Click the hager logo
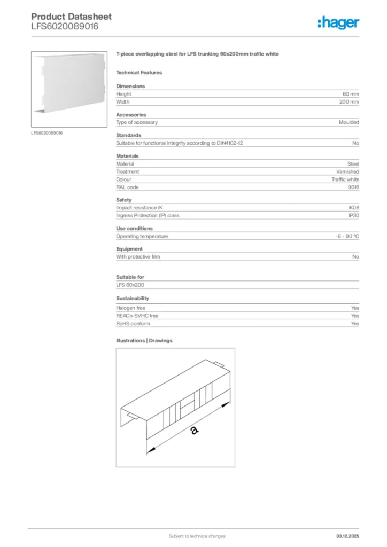tap(338, 22)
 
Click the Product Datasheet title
tap(71, 17)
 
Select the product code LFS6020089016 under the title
tap(65, 26)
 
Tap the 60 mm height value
tap(351, 94)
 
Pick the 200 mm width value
tap(350, 101)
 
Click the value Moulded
tap(349, 122)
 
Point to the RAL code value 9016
tap(353, 187)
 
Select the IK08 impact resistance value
tap(353, 208)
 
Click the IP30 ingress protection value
tap(353, 216)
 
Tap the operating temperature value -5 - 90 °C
tap(344, 236)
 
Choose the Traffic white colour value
tap(345, 179)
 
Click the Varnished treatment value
tap(347, 172)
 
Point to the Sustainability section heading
tap(133, 298)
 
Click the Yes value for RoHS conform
tap(355, 324)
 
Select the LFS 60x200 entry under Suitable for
tap(130, 285)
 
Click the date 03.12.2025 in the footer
tap(347, 536)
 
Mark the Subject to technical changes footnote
tap(197, 536)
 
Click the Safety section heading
tap(123, 200)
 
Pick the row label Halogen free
tap(130, 308)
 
